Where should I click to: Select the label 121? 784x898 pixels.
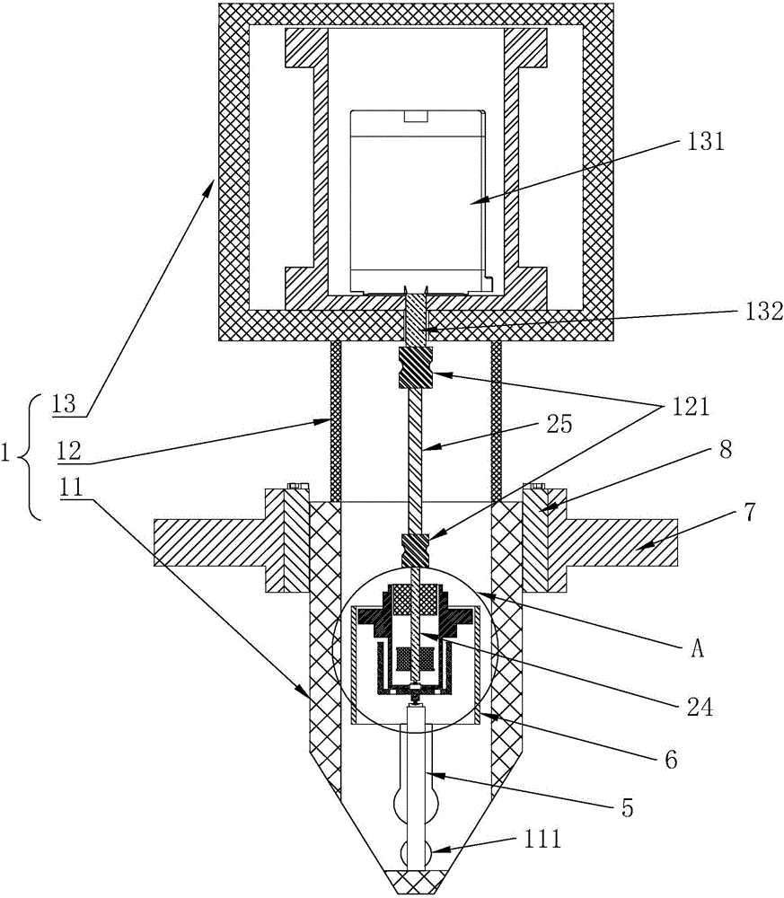pyautogui.click(x=690, y=407)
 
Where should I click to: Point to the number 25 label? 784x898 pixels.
pyautogui.click(x=558, y=425)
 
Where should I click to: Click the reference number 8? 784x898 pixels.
pyautogui.click(x=725, y=450)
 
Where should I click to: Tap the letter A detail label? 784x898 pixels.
pyautogui.click(x=697, y=650)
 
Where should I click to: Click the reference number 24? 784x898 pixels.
pyautogui.click(x=700, y=708)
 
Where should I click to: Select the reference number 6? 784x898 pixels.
pyautogui.click(x=671, y=760)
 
